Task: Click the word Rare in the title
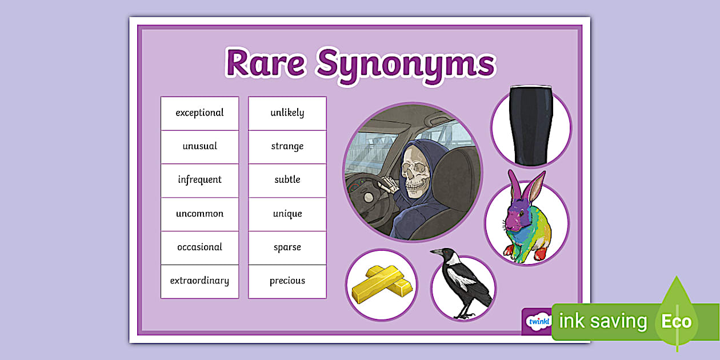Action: tap(266, 63)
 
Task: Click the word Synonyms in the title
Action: tap(406, 66)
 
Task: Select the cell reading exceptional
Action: tap(199, 114)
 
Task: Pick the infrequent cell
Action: tap(199, 181)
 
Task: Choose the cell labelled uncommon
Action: tap(199, 214)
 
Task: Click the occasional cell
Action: tap(199, 248)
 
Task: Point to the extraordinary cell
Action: tap(199, 282)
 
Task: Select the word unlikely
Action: tap(287, 113)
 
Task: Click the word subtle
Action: tap(287, 179)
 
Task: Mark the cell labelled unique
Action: tap(287, 214)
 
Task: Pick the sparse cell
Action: tap(287, 248)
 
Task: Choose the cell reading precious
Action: tap(287, 282)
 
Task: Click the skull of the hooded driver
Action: tap(415, 173)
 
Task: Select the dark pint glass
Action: tap(531, 125)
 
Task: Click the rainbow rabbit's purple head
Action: tap(518, 216)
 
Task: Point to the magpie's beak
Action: tap(436, 251)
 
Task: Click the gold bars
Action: tap(382, 283)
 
